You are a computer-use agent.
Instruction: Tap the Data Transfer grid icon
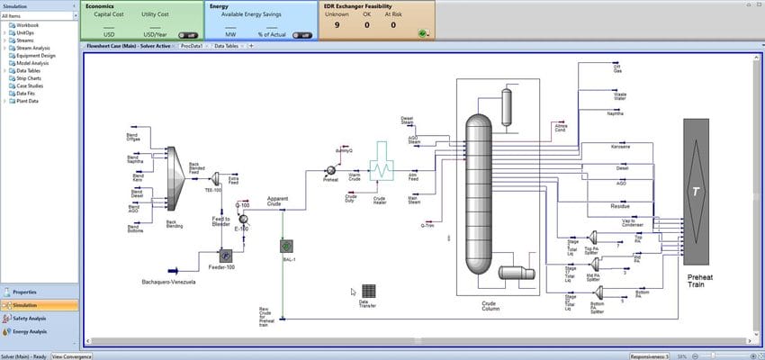point(368,292)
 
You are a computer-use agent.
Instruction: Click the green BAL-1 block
point(285,245)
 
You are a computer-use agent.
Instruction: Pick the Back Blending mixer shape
point(173,184)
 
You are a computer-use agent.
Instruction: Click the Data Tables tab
point(226,45)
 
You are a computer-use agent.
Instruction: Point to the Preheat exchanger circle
point(330,170)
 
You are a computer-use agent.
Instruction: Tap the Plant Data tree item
point(27,101)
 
